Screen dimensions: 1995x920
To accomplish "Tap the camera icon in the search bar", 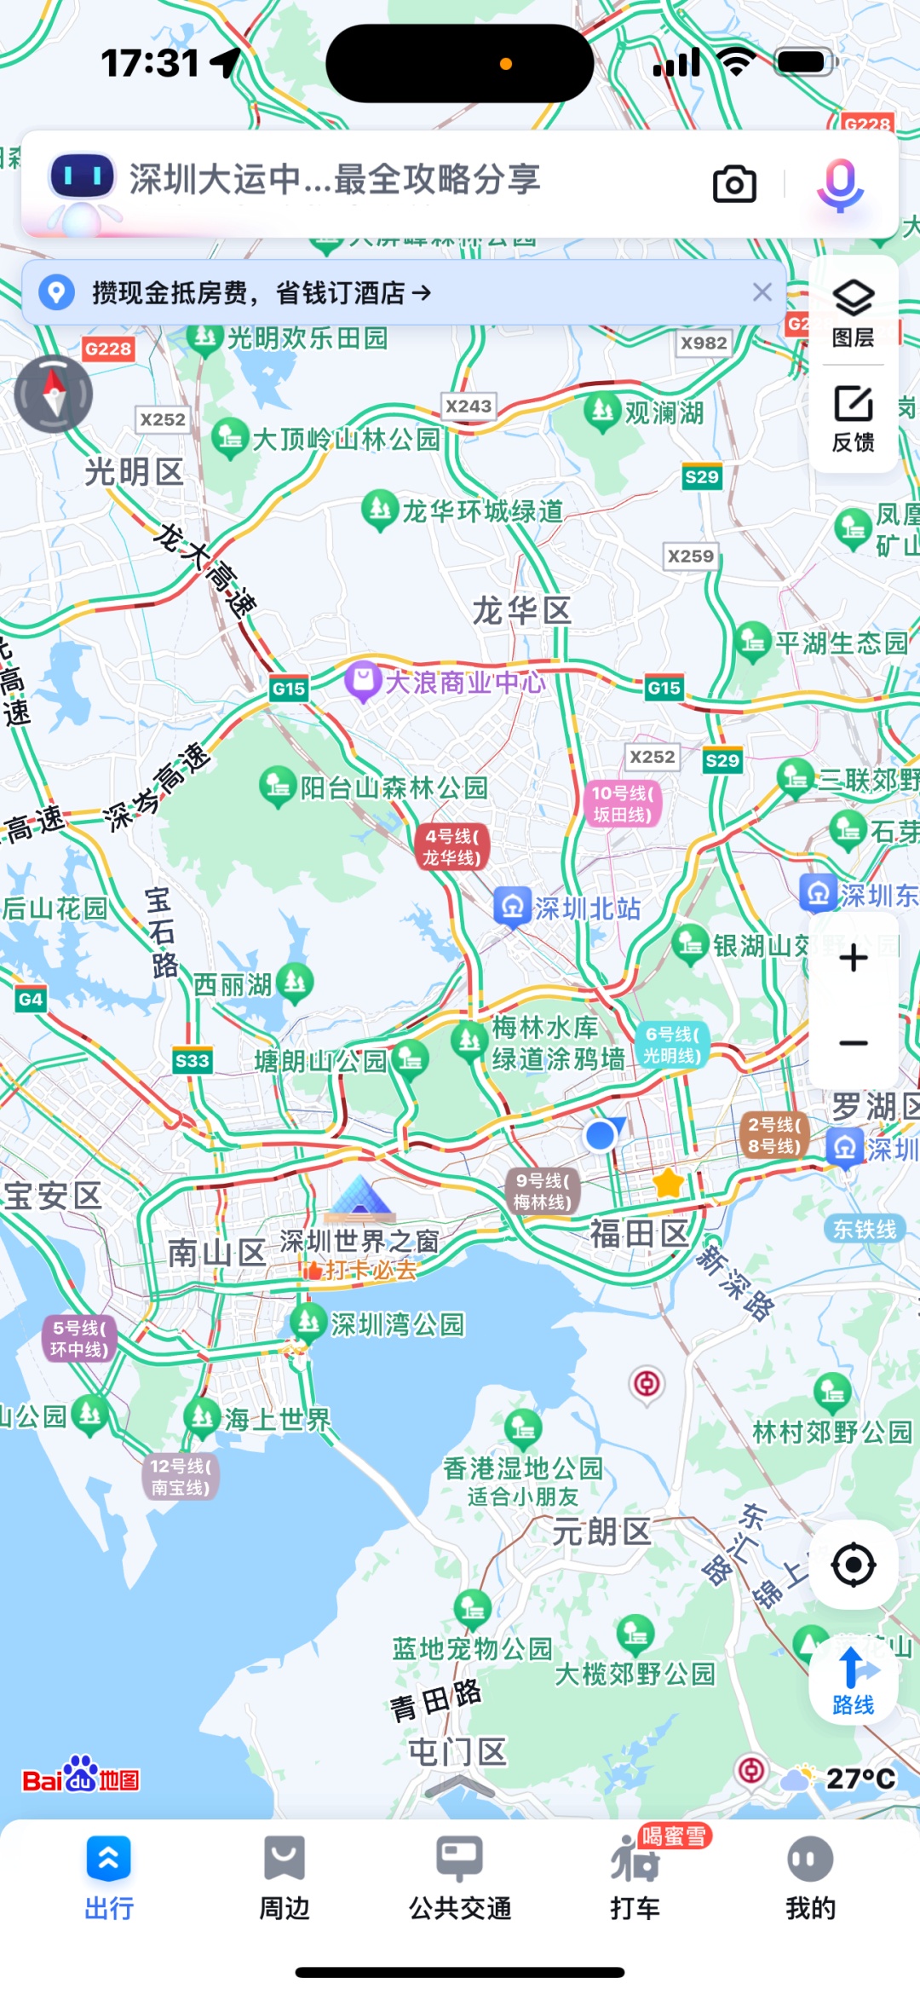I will (734, 183).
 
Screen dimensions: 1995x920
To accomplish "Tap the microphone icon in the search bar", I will (840, 183).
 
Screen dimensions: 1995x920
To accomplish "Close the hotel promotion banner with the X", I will (762, 292).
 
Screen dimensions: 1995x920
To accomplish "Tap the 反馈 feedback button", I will (853, 418).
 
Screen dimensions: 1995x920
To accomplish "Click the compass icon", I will (54, 394).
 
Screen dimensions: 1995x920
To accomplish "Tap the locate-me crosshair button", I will (853, 1565).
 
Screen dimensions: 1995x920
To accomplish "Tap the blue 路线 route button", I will (853, 1680).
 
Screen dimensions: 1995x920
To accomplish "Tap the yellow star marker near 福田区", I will (669, 1183).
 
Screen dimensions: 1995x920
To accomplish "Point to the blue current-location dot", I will (601, 1135).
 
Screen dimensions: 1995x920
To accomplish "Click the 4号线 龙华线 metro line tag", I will (452, 847).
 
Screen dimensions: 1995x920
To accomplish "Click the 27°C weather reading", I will (860, 1779).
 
